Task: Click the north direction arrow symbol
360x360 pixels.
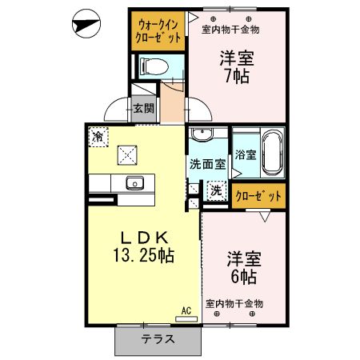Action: coord(85,24)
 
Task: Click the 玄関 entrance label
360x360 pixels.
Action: coord(143,108)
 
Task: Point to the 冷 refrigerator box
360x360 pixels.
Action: coord(98,136)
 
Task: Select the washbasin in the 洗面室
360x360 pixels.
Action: coord(200,134)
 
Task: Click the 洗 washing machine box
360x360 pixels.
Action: coord(215,190)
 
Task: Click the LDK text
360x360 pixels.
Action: coord(144,238)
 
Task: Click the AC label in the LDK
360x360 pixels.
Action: coord(186,310)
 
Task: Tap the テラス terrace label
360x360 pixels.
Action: coord(158,339)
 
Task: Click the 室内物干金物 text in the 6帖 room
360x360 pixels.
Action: coord(234,303)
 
